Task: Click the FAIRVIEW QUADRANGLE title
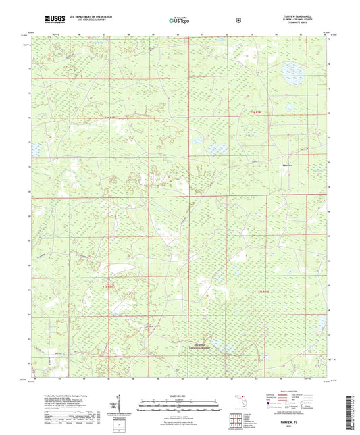coord(294,13)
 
